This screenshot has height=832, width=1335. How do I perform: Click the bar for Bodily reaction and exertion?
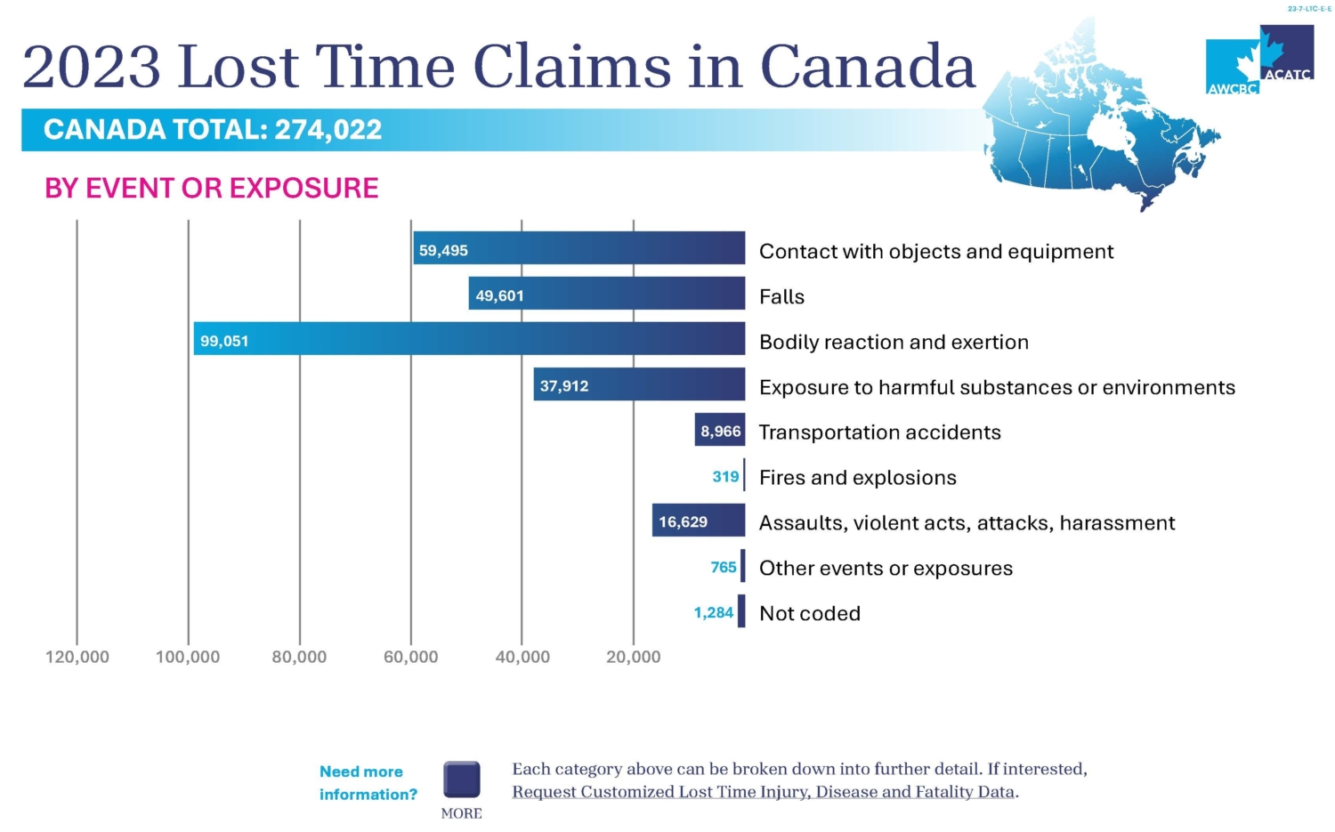[x=469, y=339]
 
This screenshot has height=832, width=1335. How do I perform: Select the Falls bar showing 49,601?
[x=606, y=294]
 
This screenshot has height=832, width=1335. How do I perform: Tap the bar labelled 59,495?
[x=578, y=248]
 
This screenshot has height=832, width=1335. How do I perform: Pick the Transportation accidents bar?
[x=719, y=431]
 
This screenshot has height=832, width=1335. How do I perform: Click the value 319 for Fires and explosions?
[x=725, y=477]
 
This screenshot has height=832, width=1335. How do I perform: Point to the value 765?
[x=724, y=567]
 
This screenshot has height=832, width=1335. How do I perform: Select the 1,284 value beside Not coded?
[x=713, y=612]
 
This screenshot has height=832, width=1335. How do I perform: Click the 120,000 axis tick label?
[x=77, y=658]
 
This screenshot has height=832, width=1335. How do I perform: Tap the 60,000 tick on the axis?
[x=410, y=658]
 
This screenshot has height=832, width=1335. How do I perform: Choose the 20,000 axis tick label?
[x=633, y=658]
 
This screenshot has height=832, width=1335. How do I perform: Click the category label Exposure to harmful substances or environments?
[x=997, y=387]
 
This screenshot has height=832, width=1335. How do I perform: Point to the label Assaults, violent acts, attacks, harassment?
[x=967, y=522]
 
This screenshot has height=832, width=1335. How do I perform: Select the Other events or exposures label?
[x=886, y=568]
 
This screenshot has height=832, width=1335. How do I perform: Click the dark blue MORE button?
[x=462, y=779]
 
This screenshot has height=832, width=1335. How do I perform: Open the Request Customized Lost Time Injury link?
[x=764, y=792]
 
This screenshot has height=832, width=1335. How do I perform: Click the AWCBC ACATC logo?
[x=1259, y=61]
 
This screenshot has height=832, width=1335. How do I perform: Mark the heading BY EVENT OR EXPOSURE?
[x=212, y=188]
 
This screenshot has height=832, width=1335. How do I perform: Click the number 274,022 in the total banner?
[x=328, y=130]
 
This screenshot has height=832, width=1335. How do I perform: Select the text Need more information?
[x=368, y=783]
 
